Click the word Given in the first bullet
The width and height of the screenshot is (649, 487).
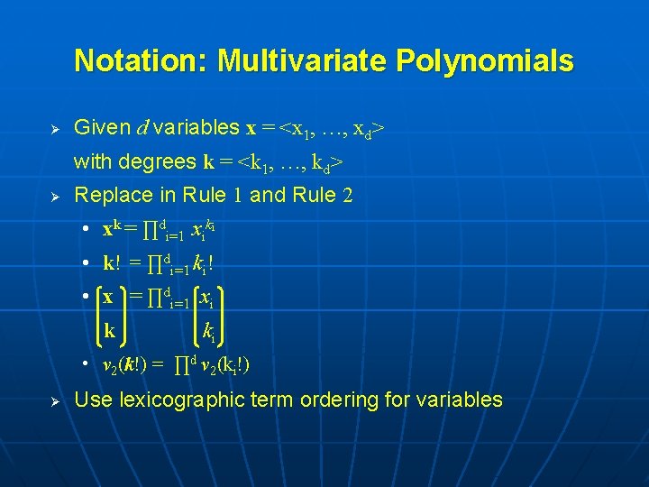tap(100, 127)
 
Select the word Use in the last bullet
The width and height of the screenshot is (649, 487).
tap(92, 399)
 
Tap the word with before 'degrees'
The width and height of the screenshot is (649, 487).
tap(92, 161)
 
